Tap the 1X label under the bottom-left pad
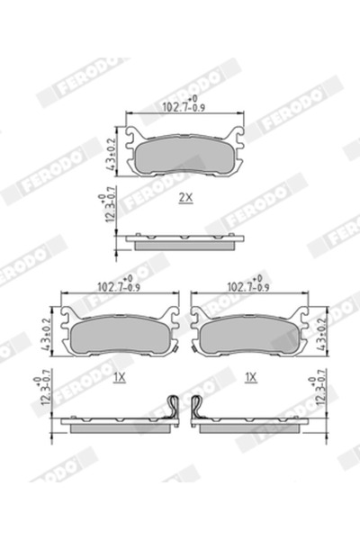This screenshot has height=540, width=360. click(x=119, y=378)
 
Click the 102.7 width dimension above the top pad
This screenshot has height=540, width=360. click(x=184, y=106)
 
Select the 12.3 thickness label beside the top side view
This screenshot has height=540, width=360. click(x=109, y=209)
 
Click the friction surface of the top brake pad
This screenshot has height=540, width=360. click(x=184, y=157)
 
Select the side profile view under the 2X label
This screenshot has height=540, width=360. click(x=184, y=240)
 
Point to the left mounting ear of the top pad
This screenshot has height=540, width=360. click(x=133, y=139)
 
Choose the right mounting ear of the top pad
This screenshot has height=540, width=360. click(x=237, y=139)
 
